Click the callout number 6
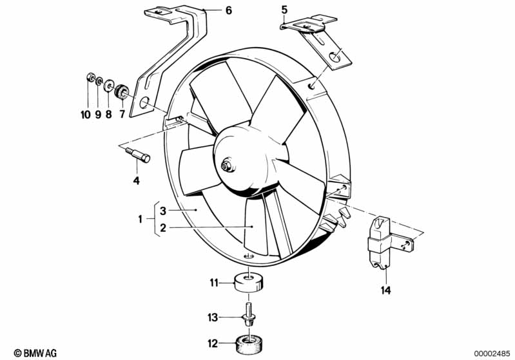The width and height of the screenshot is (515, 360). click(209, 10)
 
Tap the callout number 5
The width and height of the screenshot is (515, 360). click(283, 9)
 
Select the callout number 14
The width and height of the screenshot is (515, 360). click(385, 290)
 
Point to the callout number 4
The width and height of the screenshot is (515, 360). click(136, 181)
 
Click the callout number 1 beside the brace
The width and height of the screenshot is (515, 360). click(141, 219)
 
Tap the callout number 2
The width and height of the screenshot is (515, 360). click(164, 227)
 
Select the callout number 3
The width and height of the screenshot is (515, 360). click(164, 211)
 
